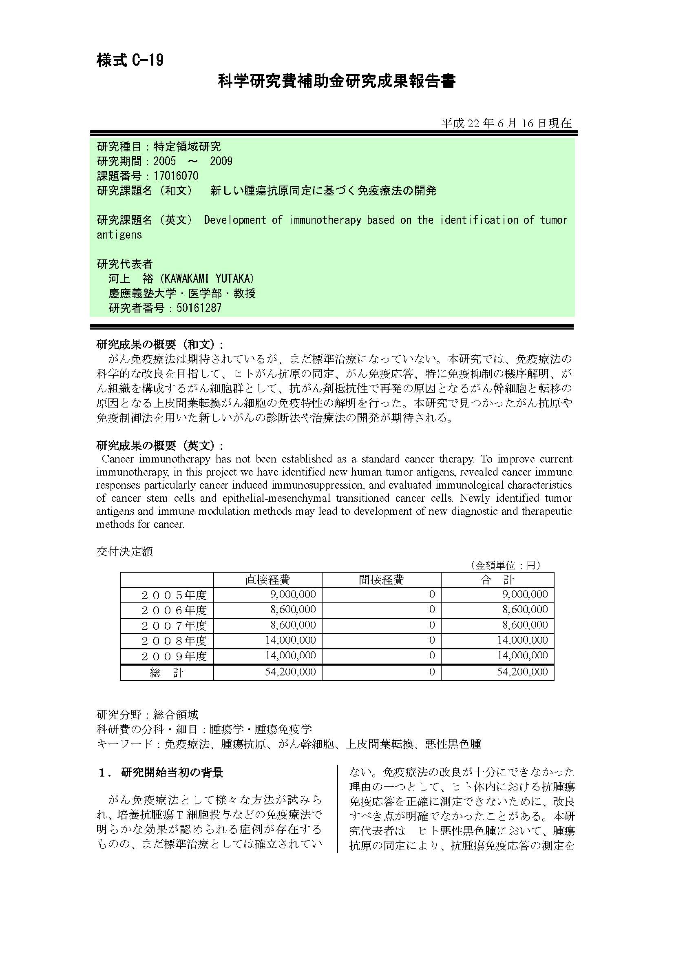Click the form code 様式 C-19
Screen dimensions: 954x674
pyautogui.click(x=130, y=60)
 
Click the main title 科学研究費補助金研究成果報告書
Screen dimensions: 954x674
pyautogui.click(x=336, y=81)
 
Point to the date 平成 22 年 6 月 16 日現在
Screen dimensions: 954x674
pyautogui.click(x=506, y=124)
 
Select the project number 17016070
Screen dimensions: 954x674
pyautogui.click(x=176, y=176)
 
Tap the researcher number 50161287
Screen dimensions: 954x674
pyautogui.click(x=199, y=308)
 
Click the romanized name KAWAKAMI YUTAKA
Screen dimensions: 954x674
pyautogui.click(x=209, y=279)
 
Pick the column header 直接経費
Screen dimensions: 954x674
pyautogui.click(x=267, y=580)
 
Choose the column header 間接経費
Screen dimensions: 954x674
pyautogui.click(x=381, y=580)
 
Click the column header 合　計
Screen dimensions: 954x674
pyautogui.click(x=497, y=580)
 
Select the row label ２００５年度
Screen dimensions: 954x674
pyautogui.click(x=174, y=595)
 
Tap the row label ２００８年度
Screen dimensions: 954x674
pyautogui.click(x=174, y=641)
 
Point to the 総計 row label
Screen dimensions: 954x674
pyautogui.click(x=166, y=672)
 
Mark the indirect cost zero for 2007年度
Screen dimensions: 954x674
pyautogui.click(x=432, y=625)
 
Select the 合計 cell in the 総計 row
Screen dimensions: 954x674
pyautogui.click(x=522, y=672)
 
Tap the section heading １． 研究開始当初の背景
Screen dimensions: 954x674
pyautogui.click(x=161, y=772)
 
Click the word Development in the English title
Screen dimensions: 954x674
pyautogui.click(x=234, y=220)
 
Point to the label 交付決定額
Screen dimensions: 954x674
pyautogui.click(x=125, y=551)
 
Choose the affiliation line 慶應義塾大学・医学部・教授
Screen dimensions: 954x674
pyautogui.click(x=182, y=293)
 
